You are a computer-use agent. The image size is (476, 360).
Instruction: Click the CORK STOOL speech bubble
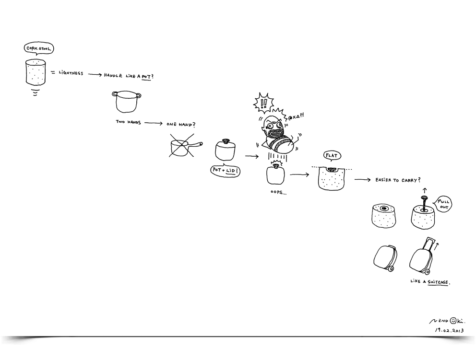click(x=38, y=48)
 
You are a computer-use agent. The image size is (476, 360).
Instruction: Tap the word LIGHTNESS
click(x=71, y=73)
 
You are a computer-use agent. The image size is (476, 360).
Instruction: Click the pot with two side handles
click(x=126, y=102)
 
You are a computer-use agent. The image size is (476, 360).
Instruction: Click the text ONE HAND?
click(x=181, y=124)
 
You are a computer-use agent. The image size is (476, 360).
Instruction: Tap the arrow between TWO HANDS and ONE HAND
click(x=154, y=123)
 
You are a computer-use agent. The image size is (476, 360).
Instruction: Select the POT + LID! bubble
click(x=225, y=171)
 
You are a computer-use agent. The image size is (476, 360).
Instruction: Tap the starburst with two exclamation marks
click(x=263, y=103)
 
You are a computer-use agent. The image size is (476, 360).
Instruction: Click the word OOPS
click(x=278, y=192)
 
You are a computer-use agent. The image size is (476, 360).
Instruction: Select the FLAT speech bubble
click(x=332, y=156)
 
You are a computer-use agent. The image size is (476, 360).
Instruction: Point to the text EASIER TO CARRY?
click(x=398, y=180)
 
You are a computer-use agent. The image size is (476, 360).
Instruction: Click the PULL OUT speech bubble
click(x=443, y=204)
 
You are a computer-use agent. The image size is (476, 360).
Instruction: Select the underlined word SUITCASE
click(x=438, y=282)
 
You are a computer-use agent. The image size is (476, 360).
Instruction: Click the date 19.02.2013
click(x=449, y=330)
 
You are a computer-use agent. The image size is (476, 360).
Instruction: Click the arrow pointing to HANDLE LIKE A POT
click(x=95, y=75)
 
